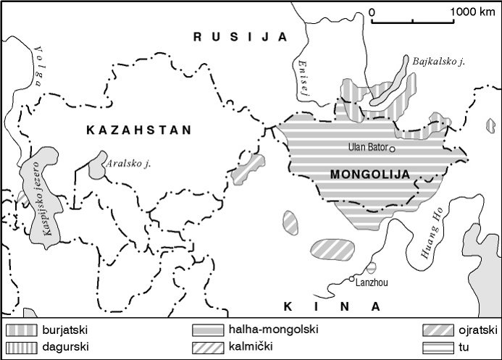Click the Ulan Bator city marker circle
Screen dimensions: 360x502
[x=392, y=149]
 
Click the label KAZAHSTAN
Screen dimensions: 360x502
[x=138, y=130]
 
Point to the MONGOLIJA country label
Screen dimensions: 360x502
[x=369, y=174]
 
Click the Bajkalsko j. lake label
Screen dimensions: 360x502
[x=438, y=62]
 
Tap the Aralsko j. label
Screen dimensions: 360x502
[x=128, y=164]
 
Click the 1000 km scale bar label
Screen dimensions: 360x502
[x=472, y=12]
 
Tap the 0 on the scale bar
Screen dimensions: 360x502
[x=372, y=12]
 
